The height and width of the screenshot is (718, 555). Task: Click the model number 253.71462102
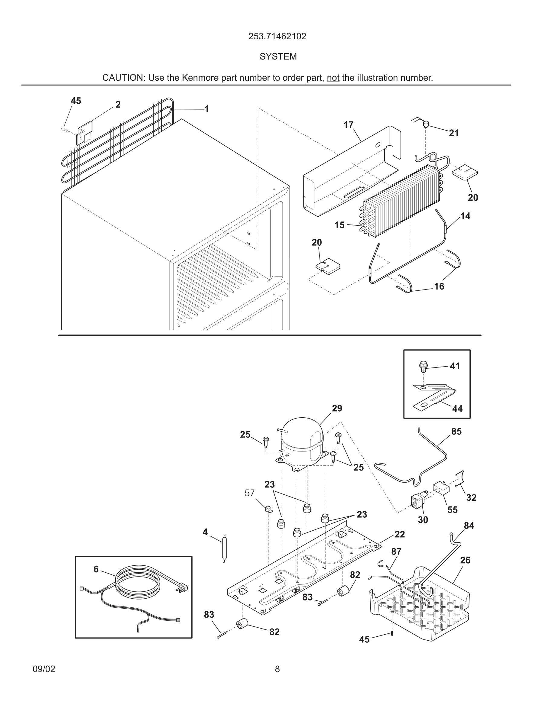tap(277, 36)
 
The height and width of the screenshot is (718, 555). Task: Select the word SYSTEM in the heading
tap(278, 57)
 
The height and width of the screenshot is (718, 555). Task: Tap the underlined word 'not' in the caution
tap(333, 78)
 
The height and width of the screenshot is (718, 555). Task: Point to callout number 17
tap(348, 125)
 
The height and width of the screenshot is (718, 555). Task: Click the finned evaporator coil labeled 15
tap(401, 202)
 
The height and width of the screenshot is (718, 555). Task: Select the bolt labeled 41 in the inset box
tap(423, 366)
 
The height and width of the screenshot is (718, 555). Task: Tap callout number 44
tap(457, 409)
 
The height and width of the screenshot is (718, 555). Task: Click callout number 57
tap(250, 493)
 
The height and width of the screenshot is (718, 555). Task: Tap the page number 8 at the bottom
tap(277, 669)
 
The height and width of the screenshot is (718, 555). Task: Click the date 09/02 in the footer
tap(44, 669)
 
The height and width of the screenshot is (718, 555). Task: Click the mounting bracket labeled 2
tap(85, 132)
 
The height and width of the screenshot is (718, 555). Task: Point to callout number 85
tap(456, 431)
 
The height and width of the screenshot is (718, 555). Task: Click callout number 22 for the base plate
tap(400, 534)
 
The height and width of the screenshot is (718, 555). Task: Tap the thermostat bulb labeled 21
tap(426, 124)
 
